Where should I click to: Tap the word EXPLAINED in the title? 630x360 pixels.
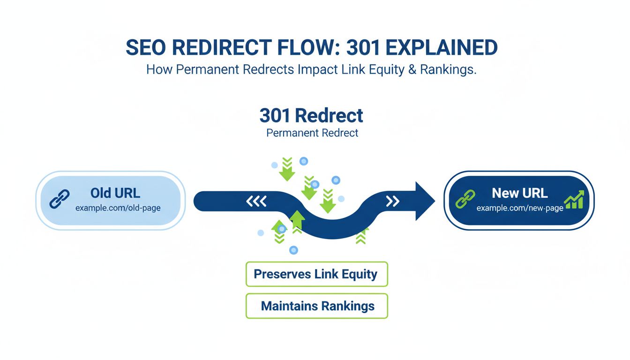(x=444, y=47)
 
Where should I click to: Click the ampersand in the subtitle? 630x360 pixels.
(x=411, y=69)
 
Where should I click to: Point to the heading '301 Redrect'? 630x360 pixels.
(x=311, y=115)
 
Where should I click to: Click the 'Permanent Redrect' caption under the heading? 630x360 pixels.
(x=312, y=133)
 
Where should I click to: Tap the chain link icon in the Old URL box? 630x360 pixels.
(x=60, y=199)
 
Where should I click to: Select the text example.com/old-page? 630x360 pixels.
(x=118, y=208)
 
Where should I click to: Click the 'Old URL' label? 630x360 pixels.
(x=115, y=193)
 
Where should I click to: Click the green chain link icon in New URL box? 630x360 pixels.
(x=465, y=199)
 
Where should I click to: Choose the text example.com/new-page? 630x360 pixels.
(x=520, y=208)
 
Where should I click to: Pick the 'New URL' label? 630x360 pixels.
(x=520, y=193)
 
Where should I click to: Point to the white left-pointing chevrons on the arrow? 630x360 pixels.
(x=256, y=202)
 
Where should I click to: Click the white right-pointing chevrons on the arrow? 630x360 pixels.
(x=392, y=202)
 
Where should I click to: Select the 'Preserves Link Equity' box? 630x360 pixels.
(x=316, y=274)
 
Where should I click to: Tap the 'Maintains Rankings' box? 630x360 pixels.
(x=317, y=306)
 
